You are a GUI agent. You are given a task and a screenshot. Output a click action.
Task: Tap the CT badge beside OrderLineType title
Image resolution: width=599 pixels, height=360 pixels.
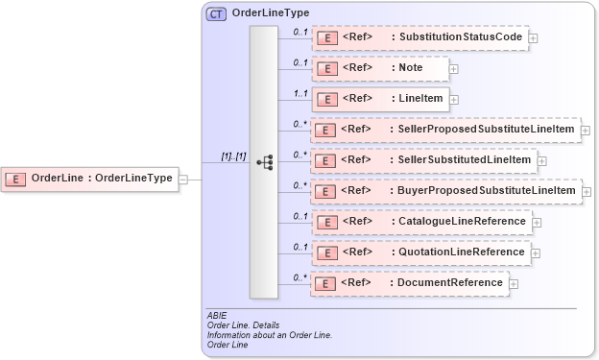(216, 14)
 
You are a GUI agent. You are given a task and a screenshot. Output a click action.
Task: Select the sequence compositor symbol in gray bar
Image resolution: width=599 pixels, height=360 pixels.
(264, 162)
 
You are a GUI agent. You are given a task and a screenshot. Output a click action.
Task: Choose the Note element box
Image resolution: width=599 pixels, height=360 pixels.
(380, 68)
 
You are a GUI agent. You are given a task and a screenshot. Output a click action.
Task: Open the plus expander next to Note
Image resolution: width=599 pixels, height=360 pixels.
(454, 69)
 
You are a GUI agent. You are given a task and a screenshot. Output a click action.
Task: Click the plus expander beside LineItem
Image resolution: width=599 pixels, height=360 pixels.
(454, 100)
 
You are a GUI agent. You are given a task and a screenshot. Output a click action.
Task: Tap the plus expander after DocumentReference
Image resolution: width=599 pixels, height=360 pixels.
(514, 284)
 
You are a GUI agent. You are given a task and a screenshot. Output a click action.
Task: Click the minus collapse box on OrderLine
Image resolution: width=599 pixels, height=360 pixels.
(183, 178)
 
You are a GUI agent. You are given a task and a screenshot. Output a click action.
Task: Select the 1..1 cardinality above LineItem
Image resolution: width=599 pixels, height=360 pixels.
(299, 94)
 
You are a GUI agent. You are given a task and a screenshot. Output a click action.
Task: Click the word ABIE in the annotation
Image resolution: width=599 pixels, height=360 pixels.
(216, 315)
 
